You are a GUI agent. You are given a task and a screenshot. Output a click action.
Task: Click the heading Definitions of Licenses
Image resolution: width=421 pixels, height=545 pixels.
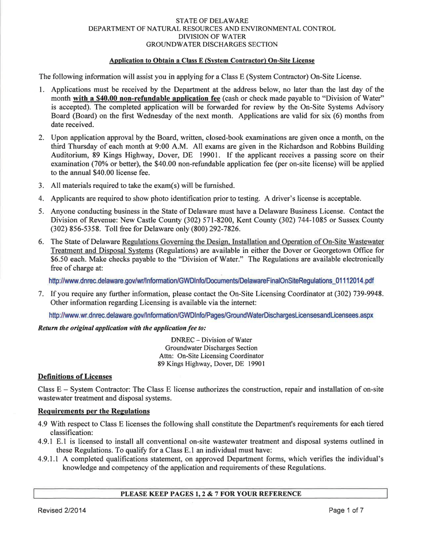click(x=73, y=376)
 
